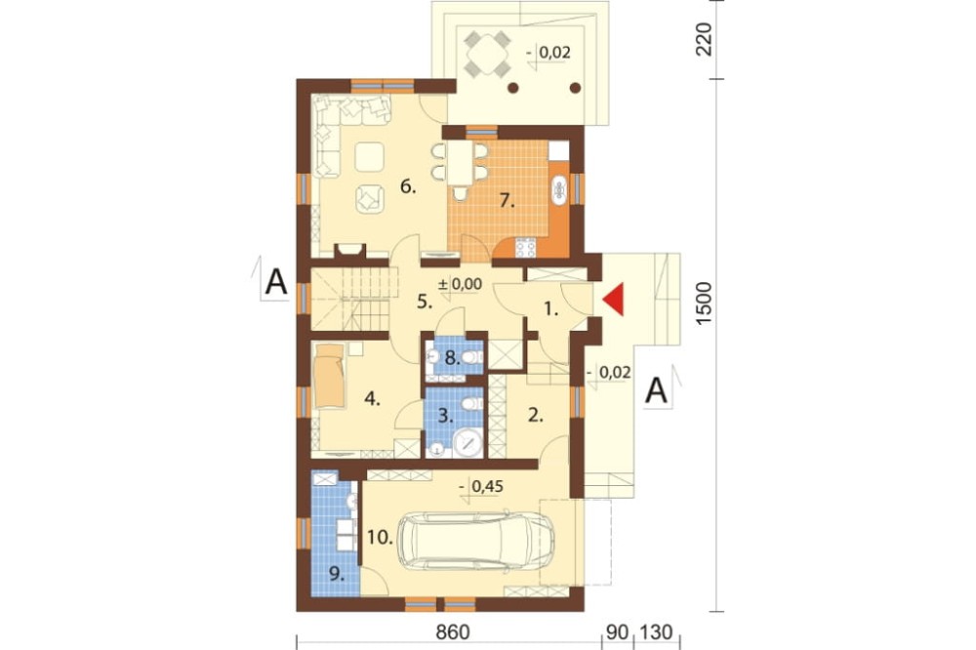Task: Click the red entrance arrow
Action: coord(613,300)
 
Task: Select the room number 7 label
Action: coord(507,201)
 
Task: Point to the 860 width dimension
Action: coord(453,632)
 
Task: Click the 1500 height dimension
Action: coord(704,303)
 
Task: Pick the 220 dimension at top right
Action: coord(704,39)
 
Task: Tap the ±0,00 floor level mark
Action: coord(460,285)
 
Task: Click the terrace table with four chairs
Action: coord(488,54)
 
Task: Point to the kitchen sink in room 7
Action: coord(558,189)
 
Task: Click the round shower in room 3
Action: coord(468,443)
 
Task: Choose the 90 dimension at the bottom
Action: coord(616,632)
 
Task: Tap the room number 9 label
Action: coord(337,575)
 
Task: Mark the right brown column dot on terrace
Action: coord(575,88)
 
